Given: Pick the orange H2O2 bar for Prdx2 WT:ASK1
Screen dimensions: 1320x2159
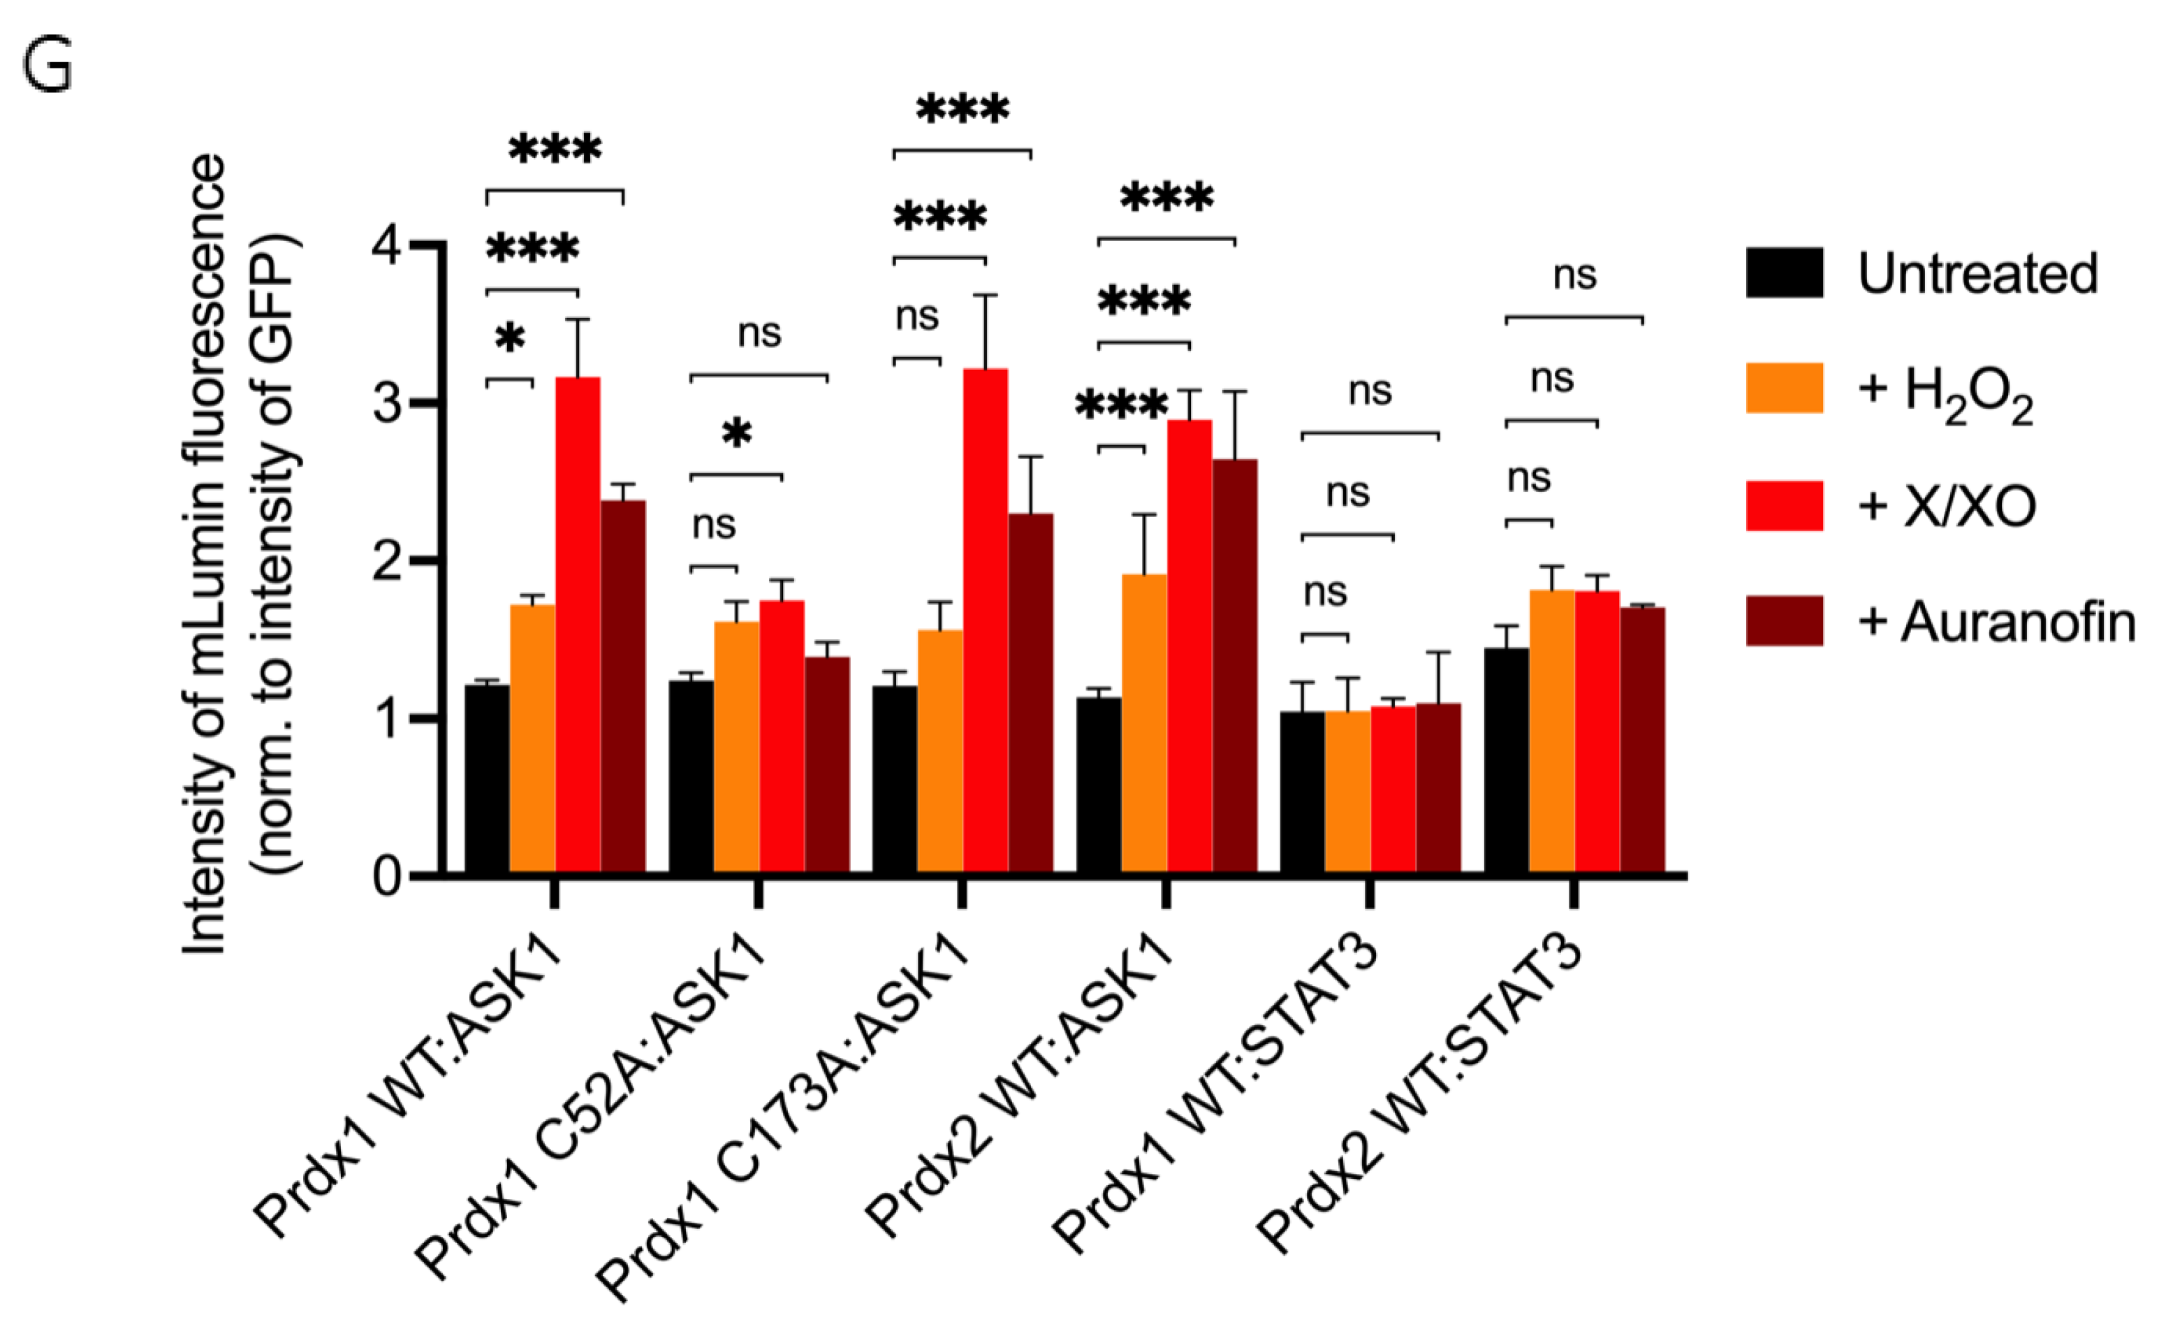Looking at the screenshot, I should click(1143, 723).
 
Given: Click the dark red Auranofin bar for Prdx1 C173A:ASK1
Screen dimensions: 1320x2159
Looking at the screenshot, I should click(1030, 692).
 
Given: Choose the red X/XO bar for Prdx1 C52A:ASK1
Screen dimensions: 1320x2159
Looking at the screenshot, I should click(782, 737).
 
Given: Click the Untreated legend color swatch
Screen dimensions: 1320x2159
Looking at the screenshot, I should click(1784, 273).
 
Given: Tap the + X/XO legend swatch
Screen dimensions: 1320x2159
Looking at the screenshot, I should click(1784, 506).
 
